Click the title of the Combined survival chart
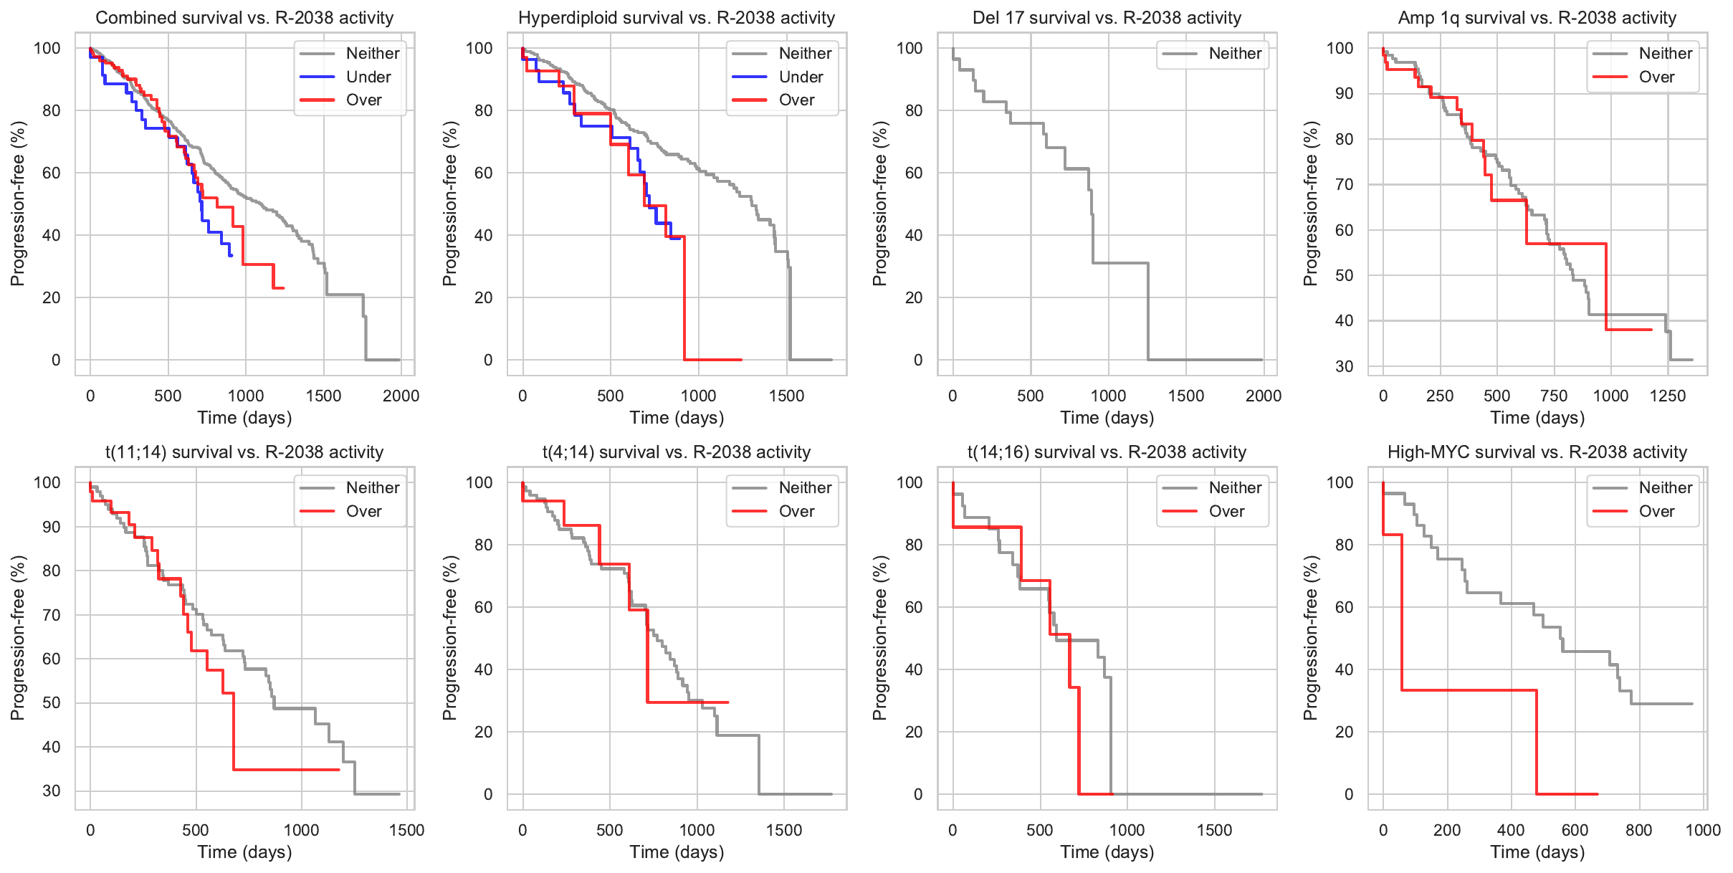pos(244,18)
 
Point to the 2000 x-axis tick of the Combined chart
pos(401,396)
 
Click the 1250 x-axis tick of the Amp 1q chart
pos(1668,396)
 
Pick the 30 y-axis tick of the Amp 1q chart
pos(1345,366)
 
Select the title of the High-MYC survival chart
pos(1537,452)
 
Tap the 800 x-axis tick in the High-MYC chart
pos(1639,830)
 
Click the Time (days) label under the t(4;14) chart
pos(677,852)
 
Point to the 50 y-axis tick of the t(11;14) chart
pos(52,703)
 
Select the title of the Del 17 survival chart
pos(1107,18)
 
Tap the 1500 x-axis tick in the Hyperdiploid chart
pos(787,396)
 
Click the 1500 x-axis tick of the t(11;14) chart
pos(407,830)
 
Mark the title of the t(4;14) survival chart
pos(677,452)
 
